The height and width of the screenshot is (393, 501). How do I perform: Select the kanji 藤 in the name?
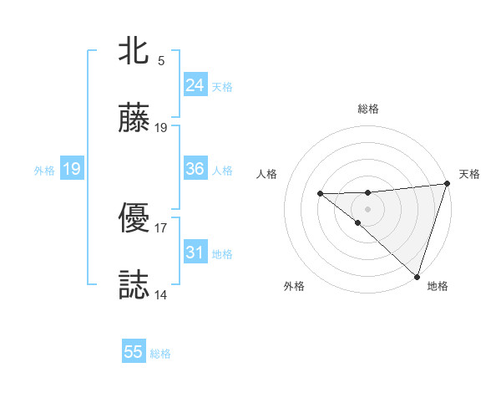134,120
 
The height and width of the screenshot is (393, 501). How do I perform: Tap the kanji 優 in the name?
134,219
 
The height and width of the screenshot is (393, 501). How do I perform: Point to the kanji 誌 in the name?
134,285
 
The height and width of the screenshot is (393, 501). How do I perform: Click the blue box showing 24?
195,85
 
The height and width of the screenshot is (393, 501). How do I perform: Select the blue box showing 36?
195,169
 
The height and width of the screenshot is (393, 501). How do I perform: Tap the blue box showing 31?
195,253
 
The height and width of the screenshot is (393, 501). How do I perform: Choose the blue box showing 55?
134,352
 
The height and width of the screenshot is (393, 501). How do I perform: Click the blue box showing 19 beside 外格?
71,169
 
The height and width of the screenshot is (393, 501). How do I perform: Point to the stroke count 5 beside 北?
160,61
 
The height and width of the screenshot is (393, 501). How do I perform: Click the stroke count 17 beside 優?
160,227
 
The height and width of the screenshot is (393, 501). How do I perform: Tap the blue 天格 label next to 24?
222,87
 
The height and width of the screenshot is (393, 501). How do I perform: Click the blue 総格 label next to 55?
160,354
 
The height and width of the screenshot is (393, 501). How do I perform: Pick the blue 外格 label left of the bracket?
44,171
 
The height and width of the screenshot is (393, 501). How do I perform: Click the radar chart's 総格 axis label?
367,109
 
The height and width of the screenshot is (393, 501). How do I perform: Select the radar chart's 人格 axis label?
267,174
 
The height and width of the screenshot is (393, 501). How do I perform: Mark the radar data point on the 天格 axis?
447,184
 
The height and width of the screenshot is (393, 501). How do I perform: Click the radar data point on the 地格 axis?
417,276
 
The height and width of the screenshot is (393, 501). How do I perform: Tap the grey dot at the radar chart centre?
367,207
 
